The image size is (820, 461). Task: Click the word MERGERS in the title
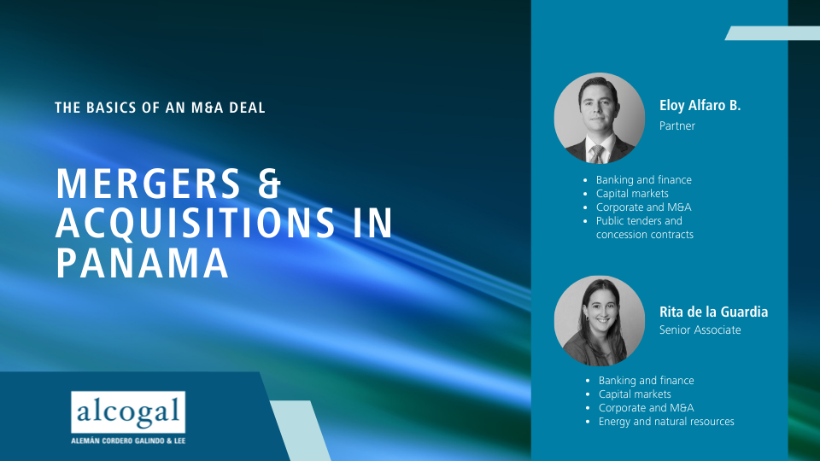148,184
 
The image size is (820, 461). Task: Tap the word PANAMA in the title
143,263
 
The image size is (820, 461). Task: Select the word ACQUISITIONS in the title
195,223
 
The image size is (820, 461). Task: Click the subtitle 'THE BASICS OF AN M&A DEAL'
160,108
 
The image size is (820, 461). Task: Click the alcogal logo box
128,412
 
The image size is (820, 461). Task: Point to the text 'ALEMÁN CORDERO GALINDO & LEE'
128,441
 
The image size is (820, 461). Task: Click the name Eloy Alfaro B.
700,106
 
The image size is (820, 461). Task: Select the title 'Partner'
677,126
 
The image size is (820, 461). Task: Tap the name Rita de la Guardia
713,312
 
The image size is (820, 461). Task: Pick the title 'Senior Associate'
700,330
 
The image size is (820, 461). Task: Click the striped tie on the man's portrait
597,155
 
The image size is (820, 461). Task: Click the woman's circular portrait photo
600,321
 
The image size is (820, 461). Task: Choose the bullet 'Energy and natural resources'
666,422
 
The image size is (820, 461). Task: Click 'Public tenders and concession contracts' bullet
645,228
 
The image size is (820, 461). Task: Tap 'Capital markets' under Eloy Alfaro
632,194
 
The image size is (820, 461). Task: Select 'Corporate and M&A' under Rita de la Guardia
647,408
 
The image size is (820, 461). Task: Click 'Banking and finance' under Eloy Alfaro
644,180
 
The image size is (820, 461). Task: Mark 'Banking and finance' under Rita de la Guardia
647,381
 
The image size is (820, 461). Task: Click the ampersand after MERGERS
270,184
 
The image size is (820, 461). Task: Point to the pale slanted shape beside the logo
300,430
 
